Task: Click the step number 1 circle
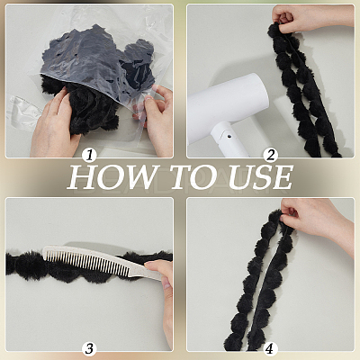coord(89,156)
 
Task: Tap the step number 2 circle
coord(271,156)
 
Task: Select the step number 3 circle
coord(89,348)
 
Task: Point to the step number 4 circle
coord(271,348)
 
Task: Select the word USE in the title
coord(260,177)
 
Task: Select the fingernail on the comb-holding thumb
coord(149,264)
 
